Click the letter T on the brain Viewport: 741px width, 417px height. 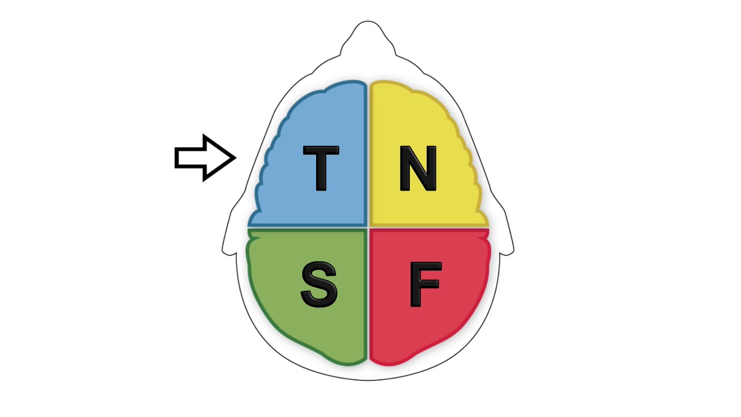point(321,169)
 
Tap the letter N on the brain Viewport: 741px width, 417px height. point(418,169)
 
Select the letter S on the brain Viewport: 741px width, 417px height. point(319,284)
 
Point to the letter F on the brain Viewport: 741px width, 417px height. point(425,284)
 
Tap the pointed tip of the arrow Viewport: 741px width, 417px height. point(236,158)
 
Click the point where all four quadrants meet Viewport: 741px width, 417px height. point(368,228)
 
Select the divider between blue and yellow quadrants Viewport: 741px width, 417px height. point(368,154)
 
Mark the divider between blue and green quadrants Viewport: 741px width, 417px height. point(307,228)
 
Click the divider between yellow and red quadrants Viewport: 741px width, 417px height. point(430,228)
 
